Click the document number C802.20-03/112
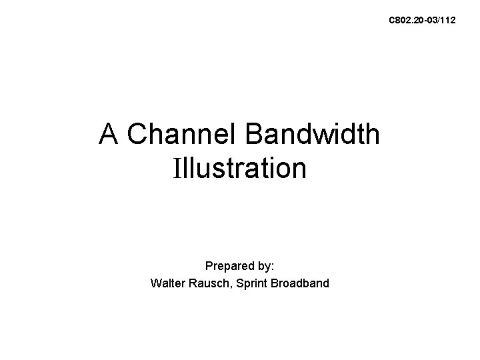click(x=423, y=21)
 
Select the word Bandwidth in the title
click(x=313, y=135)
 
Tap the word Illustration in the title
click(x=240, y=168)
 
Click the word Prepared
click(x=228, y=265)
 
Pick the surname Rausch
click(x=209, y=283)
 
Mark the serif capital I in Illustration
click(x=177, y=168)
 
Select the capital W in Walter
click(x=156, y=283)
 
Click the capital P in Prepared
click(x=209, y=265)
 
